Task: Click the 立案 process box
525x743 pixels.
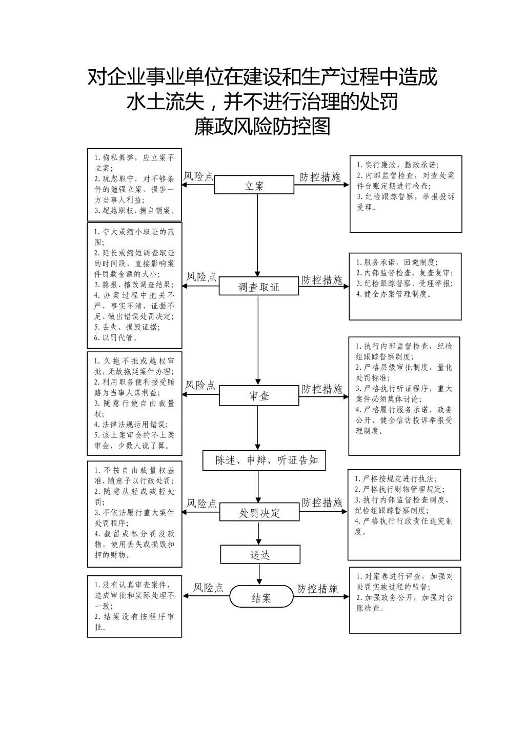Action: (x=254, y=185)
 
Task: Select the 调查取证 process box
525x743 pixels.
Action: (x=259, y=286)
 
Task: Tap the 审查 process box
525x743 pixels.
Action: (x=259, y=395)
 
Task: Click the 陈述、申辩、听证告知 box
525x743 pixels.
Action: (x=264, y=460)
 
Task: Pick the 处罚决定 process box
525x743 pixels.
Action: (x=260, y=512)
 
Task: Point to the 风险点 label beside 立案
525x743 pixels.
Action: (x=198, y=176)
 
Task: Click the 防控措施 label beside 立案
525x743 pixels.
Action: (x=320, y=177)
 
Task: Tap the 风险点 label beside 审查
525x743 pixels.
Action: (x=199, y=385)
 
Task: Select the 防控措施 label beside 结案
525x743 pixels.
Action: (x=317, y=589)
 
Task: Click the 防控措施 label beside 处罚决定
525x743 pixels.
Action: (x=321, y=503)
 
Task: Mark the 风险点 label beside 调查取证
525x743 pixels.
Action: (x=201, y=276)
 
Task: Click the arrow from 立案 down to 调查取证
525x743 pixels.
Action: (x=257, y=235)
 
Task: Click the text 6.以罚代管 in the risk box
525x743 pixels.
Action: (x=115, y=338)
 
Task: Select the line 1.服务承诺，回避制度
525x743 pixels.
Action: (x=397, y=262)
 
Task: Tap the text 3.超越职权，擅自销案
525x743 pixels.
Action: (x=134, y=210)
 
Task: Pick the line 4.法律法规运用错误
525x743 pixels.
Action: (x=131, y=424)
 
